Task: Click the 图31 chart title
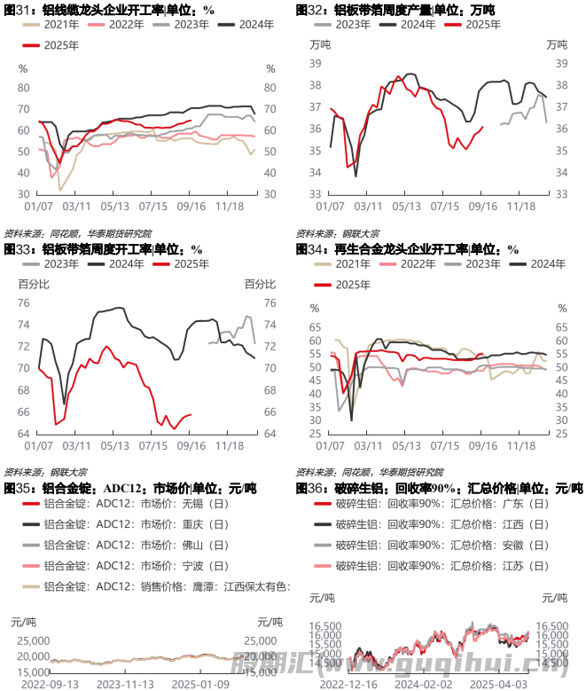(110, 10)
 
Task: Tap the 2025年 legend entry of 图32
(475, 25)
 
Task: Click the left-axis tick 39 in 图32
(313, 63)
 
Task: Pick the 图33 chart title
(105, 249)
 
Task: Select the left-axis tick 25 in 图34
(313, 434)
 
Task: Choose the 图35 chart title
(130, 489)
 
